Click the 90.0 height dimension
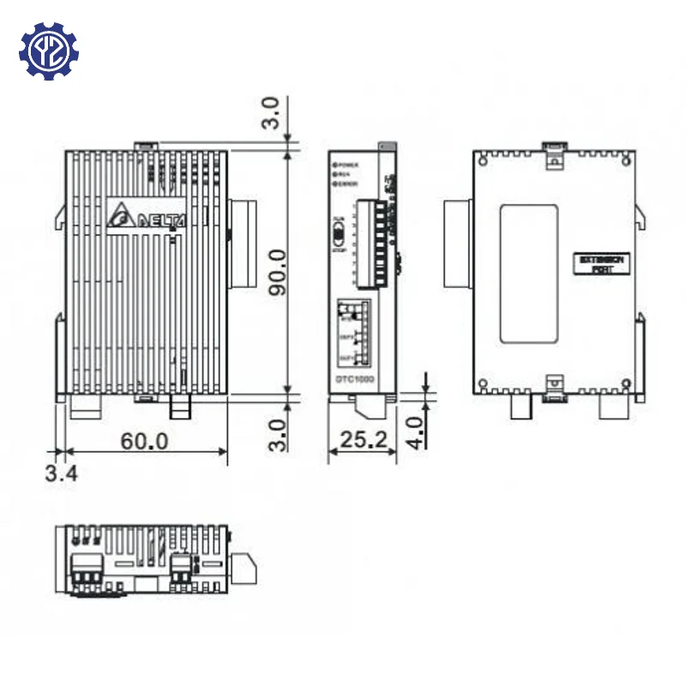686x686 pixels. [x=275, y=272]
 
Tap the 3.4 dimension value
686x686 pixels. [x=61, y=472]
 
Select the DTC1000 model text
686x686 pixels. [x=357, y=379]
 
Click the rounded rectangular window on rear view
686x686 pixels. [x=528, y=272]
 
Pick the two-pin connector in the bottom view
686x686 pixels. [x=182, y=566]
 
